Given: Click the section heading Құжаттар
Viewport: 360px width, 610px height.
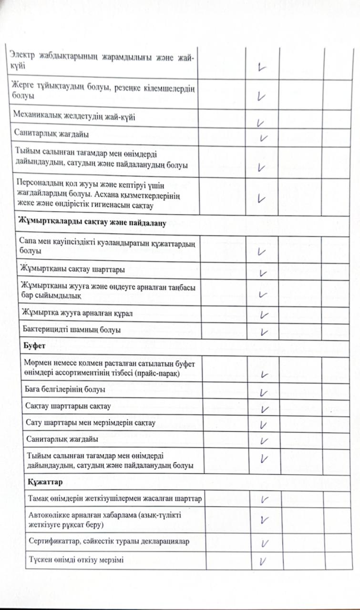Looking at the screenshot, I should pyautogui.click(x=42, y=482).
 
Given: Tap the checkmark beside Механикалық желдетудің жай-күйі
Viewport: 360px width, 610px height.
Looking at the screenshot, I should pyautogui.click(x=260, y=122).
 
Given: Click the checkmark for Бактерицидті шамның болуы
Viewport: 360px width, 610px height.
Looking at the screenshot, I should pyautogui.click(x=265, y=331).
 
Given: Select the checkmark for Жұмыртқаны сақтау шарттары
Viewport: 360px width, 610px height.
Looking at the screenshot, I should pyautogui.click(x=262, y=273).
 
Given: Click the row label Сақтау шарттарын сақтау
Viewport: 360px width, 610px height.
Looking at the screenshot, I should pyautogui.click(x=68, y=407).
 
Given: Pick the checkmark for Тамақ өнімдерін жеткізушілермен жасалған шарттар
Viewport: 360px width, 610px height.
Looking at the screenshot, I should pyautogui.click(x=265, y=499).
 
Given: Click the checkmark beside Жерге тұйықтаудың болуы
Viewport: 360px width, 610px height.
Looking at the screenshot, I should pyautogui.click(x=260, y=96).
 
